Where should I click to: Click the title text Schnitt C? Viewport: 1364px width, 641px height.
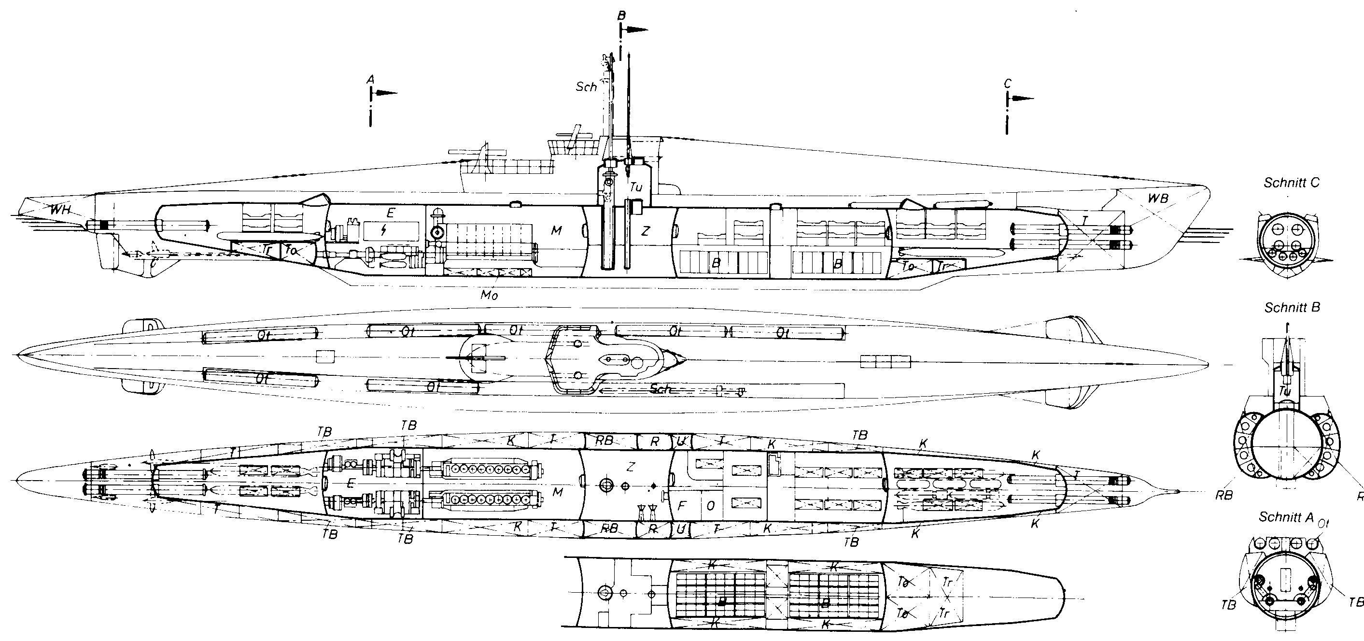click(1292, 183)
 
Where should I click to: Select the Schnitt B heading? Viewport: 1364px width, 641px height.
click(1292, 308)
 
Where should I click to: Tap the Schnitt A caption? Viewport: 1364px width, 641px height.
click(1286, 517)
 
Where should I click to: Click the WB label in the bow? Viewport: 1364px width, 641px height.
click(1158, 199)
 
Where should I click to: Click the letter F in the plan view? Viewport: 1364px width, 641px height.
click(682, 506)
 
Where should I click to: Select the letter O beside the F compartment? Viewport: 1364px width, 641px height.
click(711, 506)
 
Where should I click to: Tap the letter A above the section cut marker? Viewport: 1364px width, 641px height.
click(371, 79)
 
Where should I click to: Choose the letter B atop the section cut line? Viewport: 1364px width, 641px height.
click(621, 16)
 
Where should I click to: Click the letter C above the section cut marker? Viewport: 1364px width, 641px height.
click(1007, 84)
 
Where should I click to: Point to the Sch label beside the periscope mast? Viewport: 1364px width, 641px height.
click(586, 87)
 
